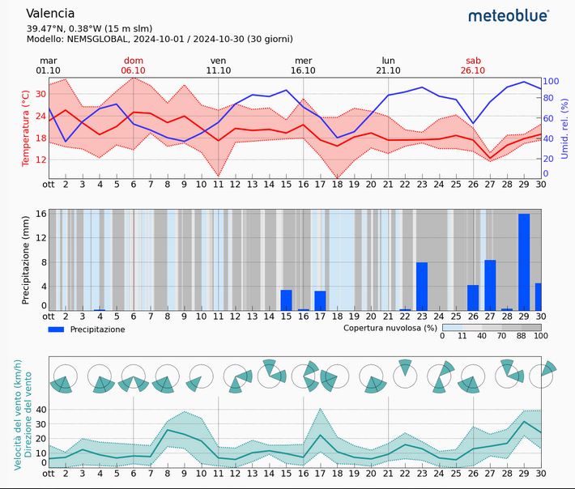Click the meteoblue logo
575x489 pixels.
[509, 15]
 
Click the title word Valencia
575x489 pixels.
[50, 13]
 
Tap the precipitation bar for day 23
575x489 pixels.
[422, 287]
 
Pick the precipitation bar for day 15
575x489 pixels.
[286, 300]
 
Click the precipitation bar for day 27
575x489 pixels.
[490, 285]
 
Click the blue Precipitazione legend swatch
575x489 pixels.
[56, 330]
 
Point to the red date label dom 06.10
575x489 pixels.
[133, 66]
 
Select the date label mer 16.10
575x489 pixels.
[303, 66]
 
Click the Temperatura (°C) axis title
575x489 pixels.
[25, 129]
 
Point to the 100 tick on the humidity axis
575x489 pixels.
[551, 81]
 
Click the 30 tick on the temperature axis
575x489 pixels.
[38, 93]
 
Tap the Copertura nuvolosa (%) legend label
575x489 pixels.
[390, 329]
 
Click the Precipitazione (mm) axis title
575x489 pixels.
[25, 261]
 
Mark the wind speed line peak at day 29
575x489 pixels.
[524, 421]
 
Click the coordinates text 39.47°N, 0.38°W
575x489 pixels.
[78, 28]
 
